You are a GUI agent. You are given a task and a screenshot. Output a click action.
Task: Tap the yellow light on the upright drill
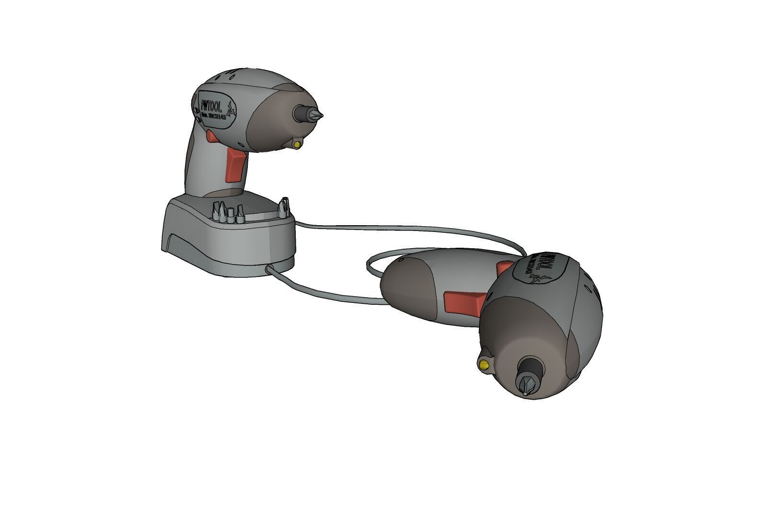(298, 143)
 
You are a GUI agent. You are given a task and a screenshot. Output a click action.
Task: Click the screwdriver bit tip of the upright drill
(320, 115)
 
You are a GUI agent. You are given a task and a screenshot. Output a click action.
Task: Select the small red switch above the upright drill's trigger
(211, 137)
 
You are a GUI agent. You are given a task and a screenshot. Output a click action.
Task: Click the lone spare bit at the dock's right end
(284, 206)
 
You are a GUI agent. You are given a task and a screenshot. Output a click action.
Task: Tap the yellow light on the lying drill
(485, 363)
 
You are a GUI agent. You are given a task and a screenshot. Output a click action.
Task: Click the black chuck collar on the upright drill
(302, 113)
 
